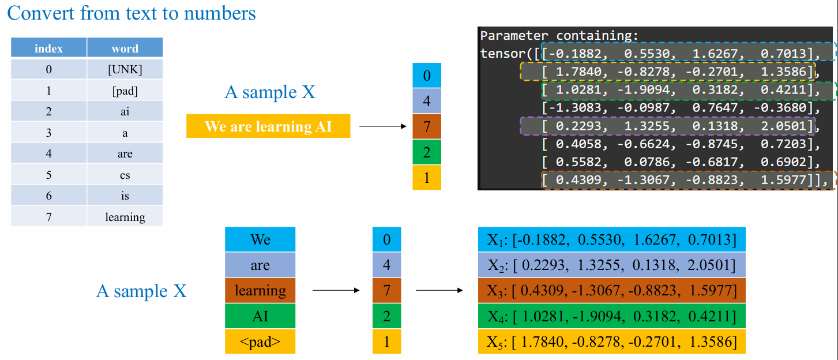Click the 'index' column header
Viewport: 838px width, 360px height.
[48, 48]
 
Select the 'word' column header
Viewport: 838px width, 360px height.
[125, 48]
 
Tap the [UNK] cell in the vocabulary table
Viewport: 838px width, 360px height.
[125, 69]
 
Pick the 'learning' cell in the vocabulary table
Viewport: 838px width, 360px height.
[125, 217]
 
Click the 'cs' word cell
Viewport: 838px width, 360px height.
[125, 175]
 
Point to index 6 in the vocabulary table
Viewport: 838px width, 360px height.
[48, 196]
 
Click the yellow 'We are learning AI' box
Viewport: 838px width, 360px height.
[268, 126]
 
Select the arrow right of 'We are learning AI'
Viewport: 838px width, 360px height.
[383, 126]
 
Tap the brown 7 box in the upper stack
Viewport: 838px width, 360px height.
[427, 126]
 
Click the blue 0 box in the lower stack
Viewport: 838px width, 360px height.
[387, 239]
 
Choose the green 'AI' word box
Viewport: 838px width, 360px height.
[260, 316]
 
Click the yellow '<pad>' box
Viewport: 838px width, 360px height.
[260, 342]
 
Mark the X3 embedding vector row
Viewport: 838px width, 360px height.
[612, 290]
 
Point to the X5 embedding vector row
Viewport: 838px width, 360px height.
[612, 342]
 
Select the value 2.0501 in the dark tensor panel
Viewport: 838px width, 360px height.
[783, 126]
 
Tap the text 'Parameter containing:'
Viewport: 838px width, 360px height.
[559, 36]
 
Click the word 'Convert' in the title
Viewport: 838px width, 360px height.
[41, 13]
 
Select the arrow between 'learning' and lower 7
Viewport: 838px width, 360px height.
[336, 290]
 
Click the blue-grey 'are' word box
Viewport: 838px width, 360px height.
[260, 265]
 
